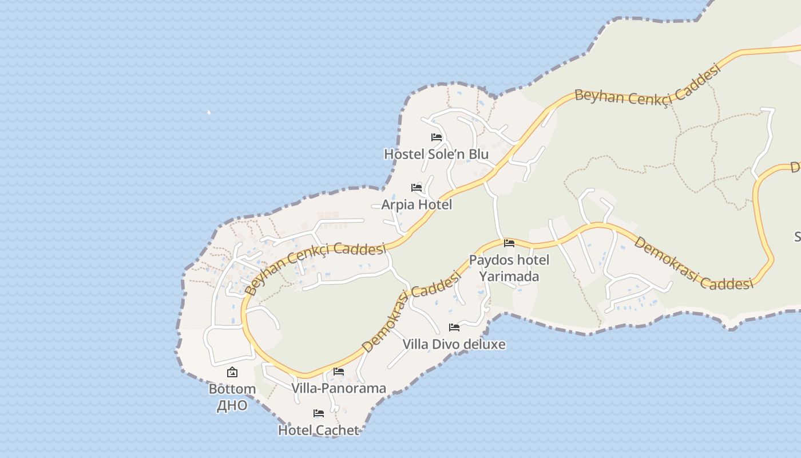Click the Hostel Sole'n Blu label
436,154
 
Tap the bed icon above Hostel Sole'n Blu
437,137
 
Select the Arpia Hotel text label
417,204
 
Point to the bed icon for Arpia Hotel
417,188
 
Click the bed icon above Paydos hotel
509,243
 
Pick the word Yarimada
509,276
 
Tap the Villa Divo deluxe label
454,344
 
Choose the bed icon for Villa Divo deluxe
454,327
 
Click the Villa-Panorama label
339,388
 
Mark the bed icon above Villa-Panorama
339,372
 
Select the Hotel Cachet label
318,430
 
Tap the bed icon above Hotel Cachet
319,413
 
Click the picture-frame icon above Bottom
232,373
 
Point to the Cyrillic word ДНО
232,405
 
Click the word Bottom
232,389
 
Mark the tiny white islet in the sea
209,112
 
